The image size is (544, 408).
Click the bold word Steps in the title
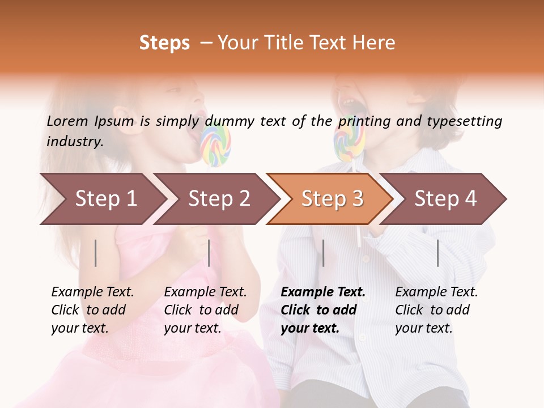164,43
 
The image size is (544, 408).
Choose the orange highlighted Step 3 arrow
332,198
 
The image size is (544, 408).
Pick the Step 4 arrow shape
445,198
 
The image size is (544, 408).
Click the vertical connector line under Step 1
96,253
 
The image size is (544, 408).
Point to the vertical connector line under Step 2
209,253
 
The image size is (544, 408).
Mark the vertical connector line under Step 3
323,253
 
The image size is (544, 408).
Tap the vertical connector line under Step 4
437,253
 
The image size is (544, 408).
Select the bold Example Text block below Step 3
323,310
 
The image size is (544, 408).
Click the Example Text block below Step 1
92,310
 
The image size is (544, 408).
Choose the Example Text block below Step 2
205,310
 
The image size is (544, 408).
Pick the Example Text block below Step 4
436,310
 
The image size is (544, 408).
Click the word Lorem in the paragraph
67,121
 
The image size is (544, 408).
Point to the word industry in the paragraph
74,141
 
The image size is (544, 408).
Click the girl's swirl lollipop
216,146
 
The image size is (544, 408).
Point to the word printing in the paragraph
364,121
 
